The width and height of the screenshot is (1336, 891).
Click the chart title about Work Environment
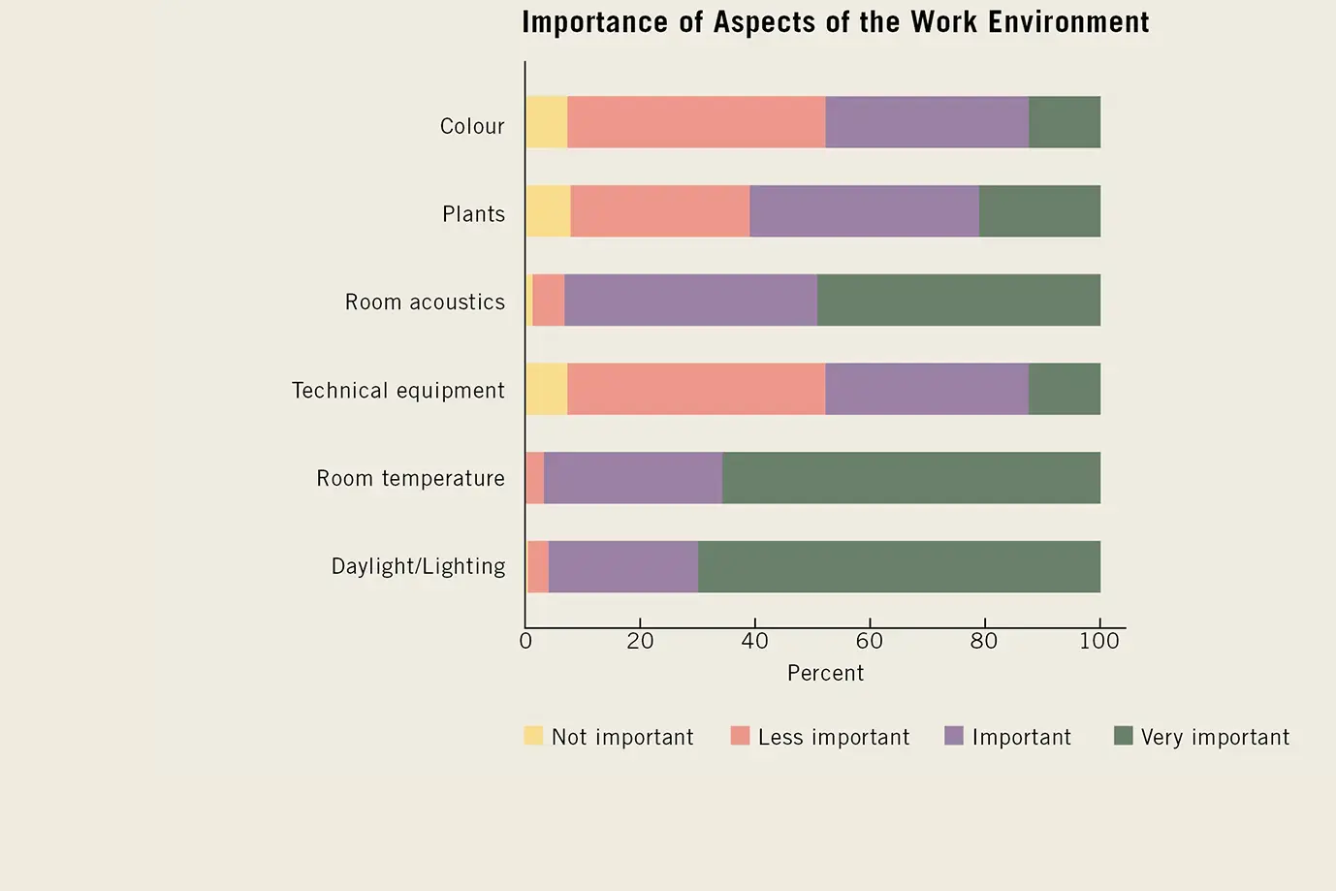coord(835,22)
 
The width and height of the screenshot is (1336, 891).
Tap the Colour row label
coord(472,126)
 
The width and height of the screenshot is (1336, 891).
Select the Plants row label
coord(473,214)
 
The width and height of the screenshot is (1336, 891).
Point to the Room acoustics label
coord(425,302)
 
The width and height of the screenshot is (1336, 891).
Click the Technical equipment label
coord(398,391)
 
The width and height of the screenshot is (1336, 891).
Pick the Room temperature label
coord(410,479)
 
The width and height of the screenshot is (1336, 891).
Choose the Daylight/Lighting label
coord(418,566)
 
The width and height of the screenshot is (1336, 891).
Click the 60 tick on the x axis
coord(869,641)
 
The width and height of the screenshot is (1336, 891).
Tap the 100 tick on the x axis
coord(1099,641)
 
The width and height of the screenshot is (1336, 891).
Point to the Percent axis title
coord(825,673)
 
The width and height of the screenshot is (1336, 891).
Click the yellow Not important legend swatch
coord(533,736)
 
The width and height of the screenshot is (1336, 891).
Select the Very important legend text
coord(1215,737)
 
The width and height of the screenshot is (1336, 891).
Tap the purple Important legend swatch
coord(954,736)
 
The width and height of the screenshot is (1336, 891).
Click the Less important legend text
coord(834,737)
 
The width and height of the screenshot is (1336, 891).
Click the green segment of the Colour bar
coord(1065,122)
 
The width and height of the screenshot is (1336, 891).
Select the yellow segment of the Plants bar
coord(548,211)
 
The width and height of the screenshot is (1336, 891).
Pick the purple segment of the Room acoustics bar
coord(690,301)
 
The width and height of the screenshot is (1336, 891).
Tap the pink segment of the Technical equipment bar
coord(696,389)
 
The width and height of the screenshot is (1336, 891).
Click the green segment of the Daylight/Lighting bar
coord(899,567)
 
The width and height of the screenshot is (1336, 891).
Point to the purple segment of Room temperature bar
coord(633,478)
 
